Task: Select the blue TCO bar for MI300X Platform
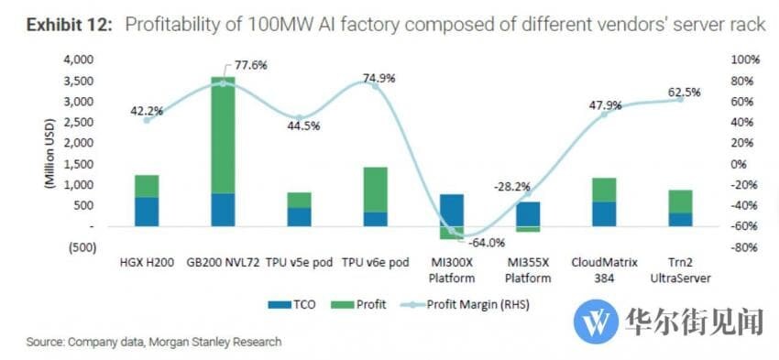tap(452, 210)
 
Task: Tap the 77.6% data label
tap(244, 65)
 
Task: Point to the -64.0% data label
tap(486, 243)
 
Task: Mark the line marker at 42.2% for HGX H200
tap(147, 120)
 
